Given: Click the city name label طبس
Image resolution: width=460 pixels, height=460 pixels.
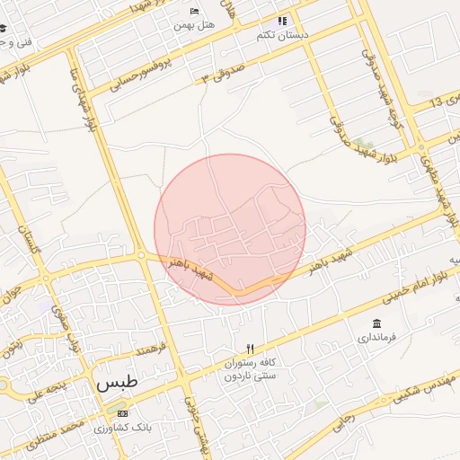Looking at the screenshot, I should point(118,383).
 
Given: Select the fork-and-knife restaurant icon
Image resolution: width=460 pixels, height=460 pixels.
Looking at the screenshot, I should point(251,348).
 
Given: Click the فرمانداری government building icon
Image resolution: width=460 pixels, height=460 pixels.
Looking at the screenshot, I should point(376,323).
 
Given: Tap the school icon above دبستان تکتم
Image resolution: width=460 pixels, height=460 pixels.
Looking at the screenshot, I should point(282,20).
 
